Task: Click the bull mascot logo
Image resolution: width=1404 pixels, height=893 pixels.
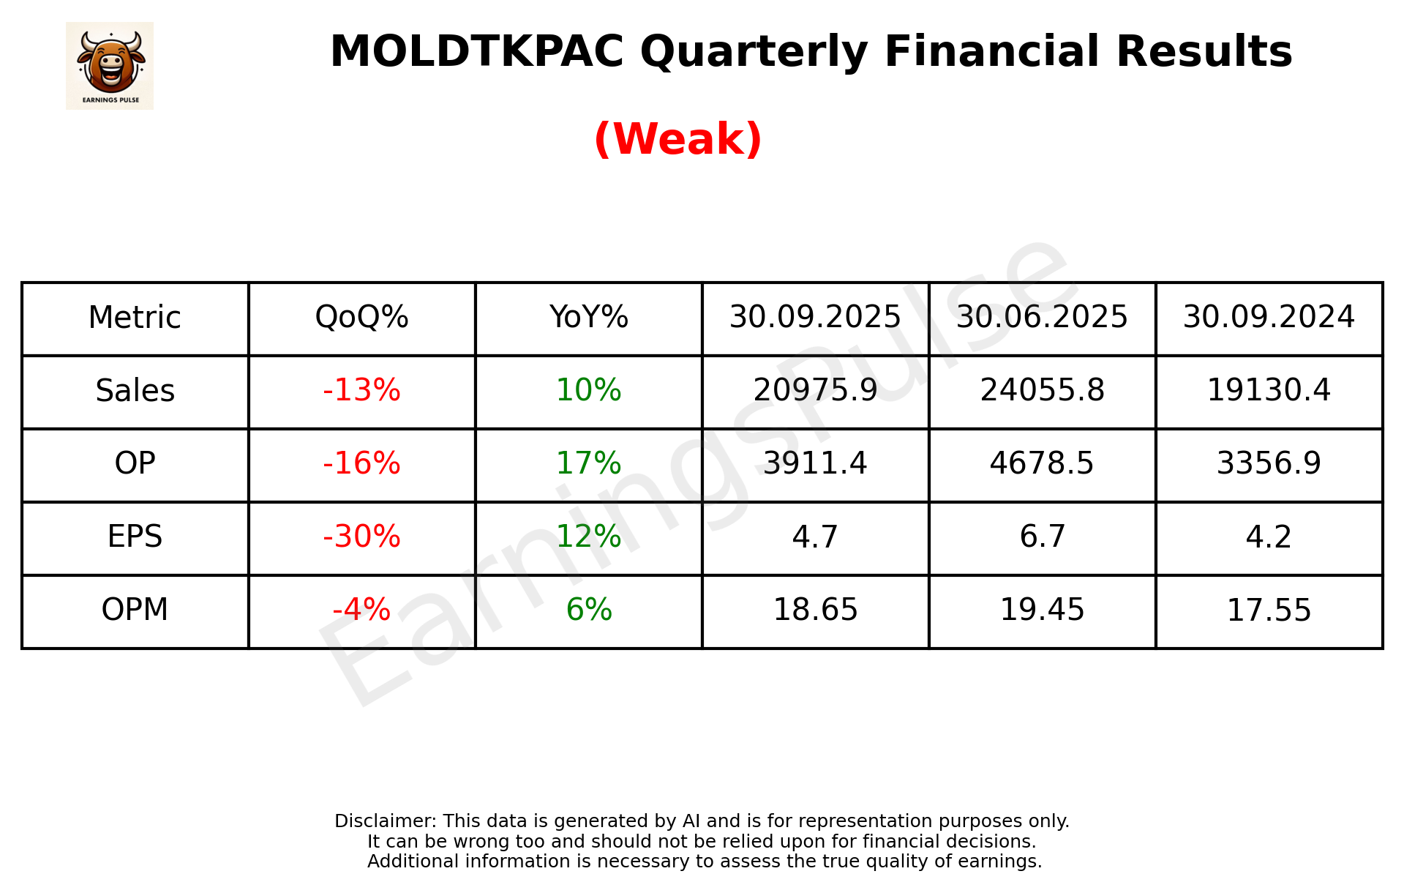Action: pyautogui.click(x=110, y=65)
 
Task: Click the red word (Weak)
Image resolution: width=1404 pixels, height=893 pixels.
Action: pyautogui.click(x=677, y=139)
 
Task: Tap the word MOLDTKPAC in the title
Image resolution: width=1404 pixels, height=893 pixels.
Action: pyautogui.click(x=476, y=52)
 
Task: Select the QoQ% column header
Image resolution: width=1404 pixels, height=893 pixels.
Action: pyautogui.click(x=361, y=318)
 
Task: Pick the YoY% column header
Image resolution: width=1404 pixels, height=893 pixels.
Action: pyautogui.click(x=588, y=318)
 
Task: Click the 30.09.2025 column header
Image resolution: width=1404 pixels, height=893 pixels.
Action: pyautogui.click(x=815, y=318)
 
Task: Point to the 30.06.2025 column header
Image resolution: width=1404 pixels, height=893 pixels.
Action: pyautogui.click(x=1042, y=318)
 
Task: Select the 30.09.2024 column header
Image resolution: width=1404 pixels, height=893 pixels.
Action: pyautogui.click(x=1269, y=318)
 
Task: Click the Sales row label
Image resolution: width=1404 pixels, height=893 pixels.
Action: pyautogui.click(x=135, y=391)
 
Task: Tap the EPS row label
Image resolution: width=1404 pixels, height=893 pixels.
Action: pyautogui.click(x=135, y=537)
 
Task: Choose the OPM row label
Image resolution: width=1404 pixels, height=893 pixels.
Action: pyautogui.click(x=135, y=610)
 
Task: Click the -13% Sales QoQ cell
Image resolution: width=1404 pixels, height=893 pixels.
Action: pyautogui.click(x=361, y=391)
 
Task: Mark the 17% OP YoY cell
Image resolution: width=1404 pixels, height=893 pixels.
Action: pyautogui.click(x=588, y=464)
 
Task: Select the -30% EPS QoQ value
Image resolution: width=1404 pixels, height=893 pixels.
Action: pyautogui.click(x=361, y=537)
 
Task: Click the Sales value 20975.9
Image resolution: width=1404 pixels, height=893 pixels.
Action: pyautogui.click(x=815, y=391)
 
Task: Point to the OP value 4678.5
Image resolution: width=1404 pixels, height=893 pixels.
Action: pyautogui.click(x=1042, y=464)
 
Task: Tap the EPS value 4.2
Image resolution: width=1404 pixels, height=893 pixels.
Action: pyautogui.click(x=1269, y=537)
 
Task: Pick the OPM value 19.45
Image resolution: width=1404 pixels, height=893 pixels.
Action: pyautogui.click(x=1042, y=610)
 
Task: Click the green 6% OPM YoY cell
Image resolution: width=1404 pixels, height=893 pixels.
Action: pyautogui.click(x=588, y=610)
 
